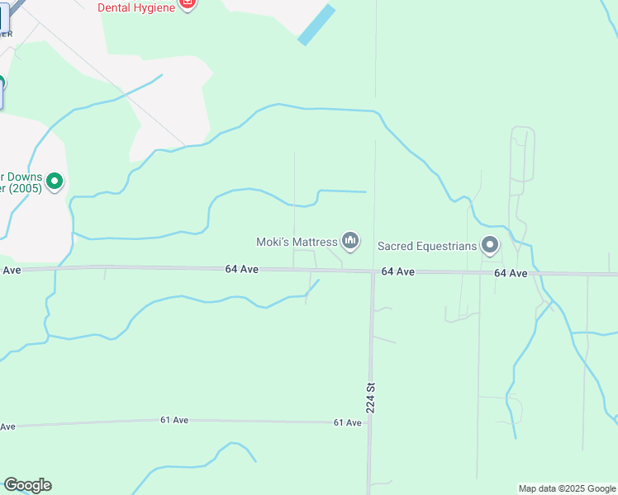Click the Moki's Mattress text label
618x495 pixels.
(297, 242)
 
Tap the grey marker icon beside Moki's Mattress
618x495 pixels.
(350, 241)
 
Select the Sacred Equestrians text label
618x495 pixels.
(427, 246)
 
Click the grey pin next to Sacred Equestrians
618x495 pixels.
(491, 245)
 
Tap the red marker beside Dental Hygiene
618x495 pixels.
(188, 4)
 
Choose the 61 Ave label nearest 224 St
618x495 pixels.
(348, 422)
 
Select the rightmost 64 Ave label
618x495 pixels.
(511, 273)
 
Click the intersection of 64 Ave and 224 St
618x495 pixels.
(373, 272)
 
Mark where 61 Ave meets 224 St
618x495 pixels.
(369, 422)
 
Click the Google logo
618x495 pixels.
(27, 485)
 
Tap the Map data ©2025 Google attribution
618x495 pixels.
(567, 488)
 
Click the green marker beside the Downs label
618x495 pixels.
(55, 181)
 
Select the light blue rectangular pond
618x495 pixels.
(316, 25)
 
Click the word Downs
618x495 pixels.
(25, 176)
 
